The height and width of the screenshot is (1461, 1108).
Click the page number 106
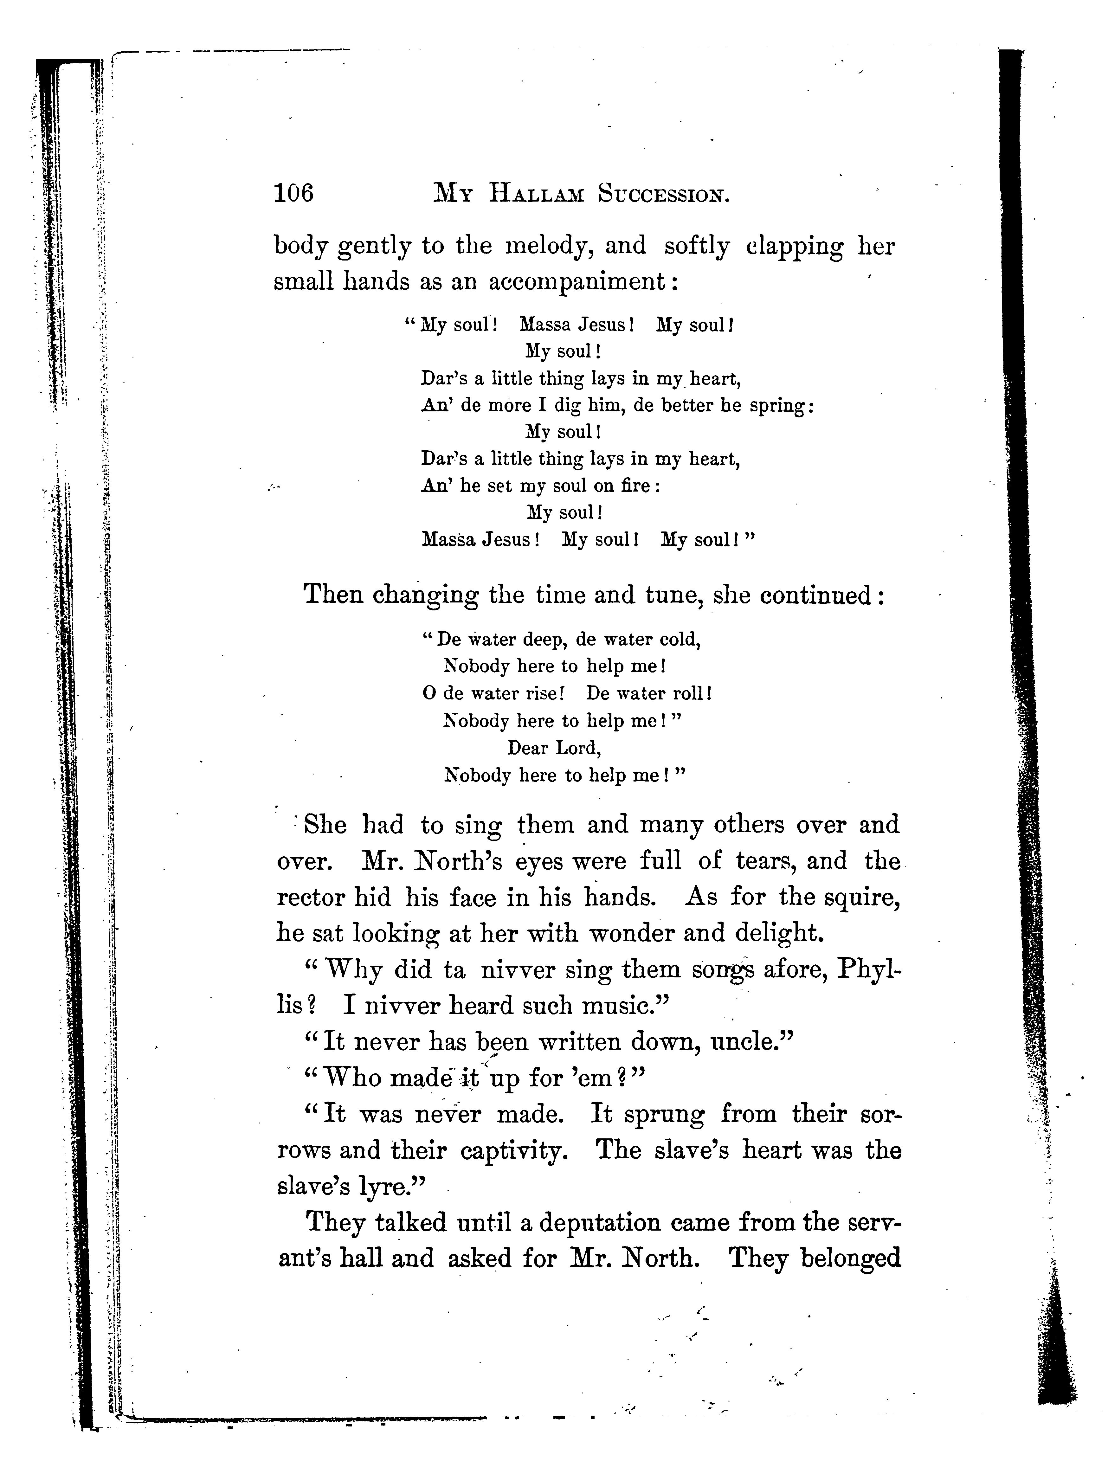293,194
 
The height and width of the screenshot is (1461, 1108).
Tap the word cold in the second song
680,639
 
